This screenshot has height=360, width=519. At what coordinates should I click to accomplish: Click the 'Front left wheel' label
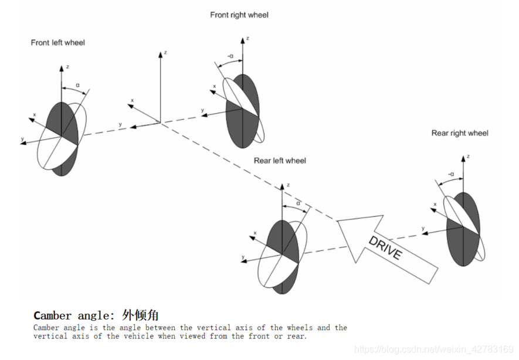point(58,43)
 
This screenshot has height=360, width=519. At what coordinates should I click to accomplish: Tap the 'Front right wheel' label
point(239,15)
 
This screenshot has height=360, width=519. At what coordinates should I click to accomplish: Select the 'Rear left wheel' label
point(280,161)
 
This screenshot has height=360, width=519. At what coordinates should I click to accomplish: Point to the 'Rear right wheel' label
point(460,133)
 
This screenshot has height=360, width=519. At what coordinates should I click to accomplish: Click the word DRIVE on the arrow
point(385,247)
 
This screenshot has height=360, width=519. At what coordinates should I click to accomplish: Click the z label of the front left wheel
point(67,67)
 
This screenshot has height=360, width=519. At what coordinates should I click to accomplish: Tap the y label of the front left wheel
point(22,139)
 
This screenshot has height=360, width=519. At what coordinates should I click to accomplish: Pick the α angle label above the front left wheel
point(77,85)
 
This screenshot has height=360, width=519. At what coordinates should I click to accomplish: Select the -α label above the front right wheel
point(230,56)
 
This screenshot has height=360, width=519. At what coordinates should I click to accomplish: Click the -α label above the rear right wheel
point(451,174)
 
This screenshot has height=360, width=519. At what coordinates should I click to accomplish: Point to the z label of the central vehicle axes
point(165,53)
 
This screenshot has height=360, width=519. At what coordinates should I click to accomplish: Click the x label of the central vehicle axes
point(132,100)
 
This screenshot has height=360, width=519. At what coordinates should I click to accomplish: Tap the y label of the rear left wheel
point(243,257)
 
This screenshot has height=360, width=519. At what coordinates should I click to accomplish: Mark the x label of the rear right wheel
point(435,205)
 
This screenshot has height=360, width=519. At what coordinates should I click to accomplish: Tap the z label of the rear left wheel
point(288,185)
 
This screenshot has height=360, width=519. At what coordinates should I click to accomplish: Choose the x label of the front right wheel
point(214,87)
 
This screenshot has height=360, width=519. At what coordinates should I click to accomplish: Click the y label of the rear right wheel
point(423,228)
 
